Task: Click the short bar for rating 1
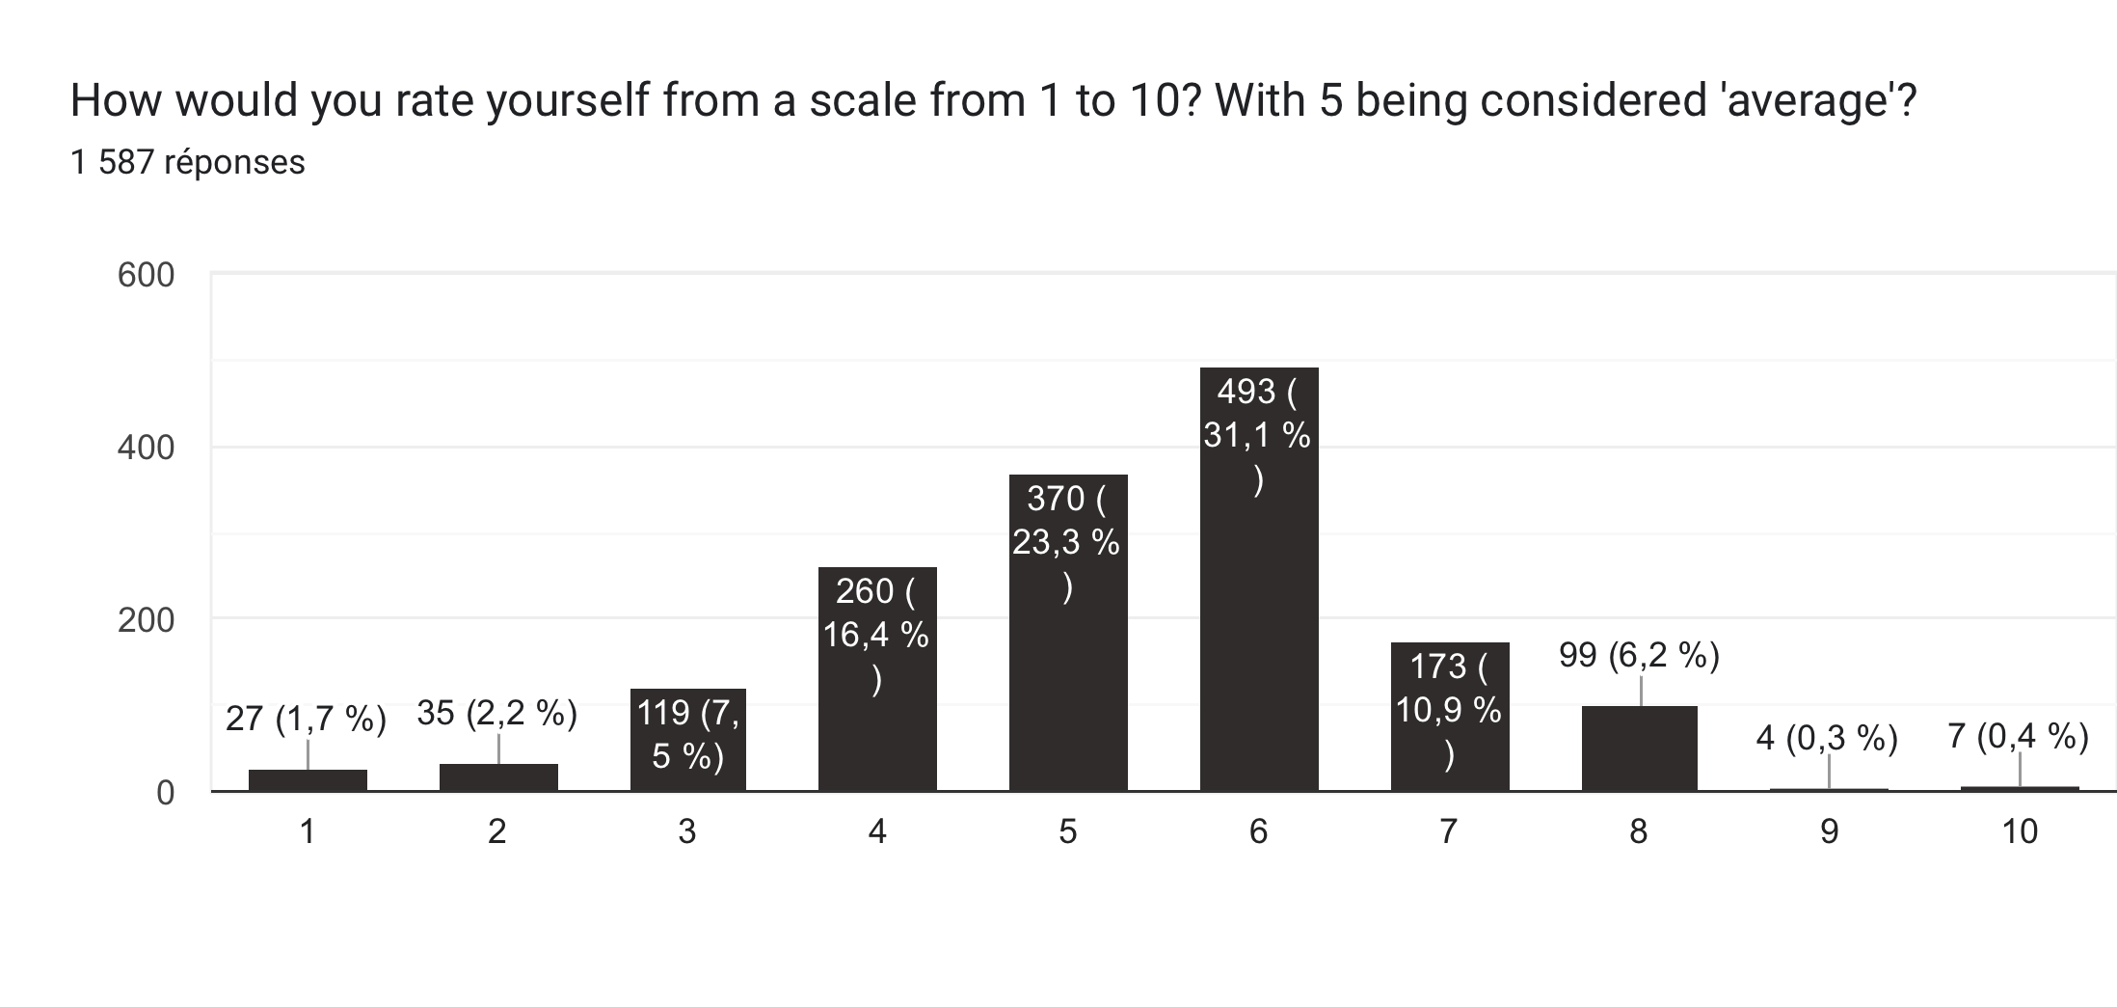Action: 308,780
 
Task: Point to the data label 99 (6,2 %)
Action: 1639,656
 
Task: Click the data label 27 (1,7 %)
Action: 306,719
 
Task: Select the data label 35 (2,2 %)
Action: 496,713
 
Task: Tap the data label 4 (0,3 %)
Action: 1827,738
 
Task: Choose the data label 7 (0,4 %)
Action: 2018,737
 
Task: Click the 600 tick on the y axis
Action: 146,276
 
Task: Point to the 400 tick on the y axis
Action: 146,448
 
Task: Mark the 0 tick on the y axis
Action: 165,793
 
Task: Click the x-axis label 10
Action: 2020,831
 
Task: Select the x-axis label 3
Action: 686,831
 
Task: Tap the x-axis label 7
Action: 1448,831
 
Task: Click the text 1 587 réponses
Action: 188,162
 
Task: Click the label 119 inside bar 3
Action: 664,713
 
